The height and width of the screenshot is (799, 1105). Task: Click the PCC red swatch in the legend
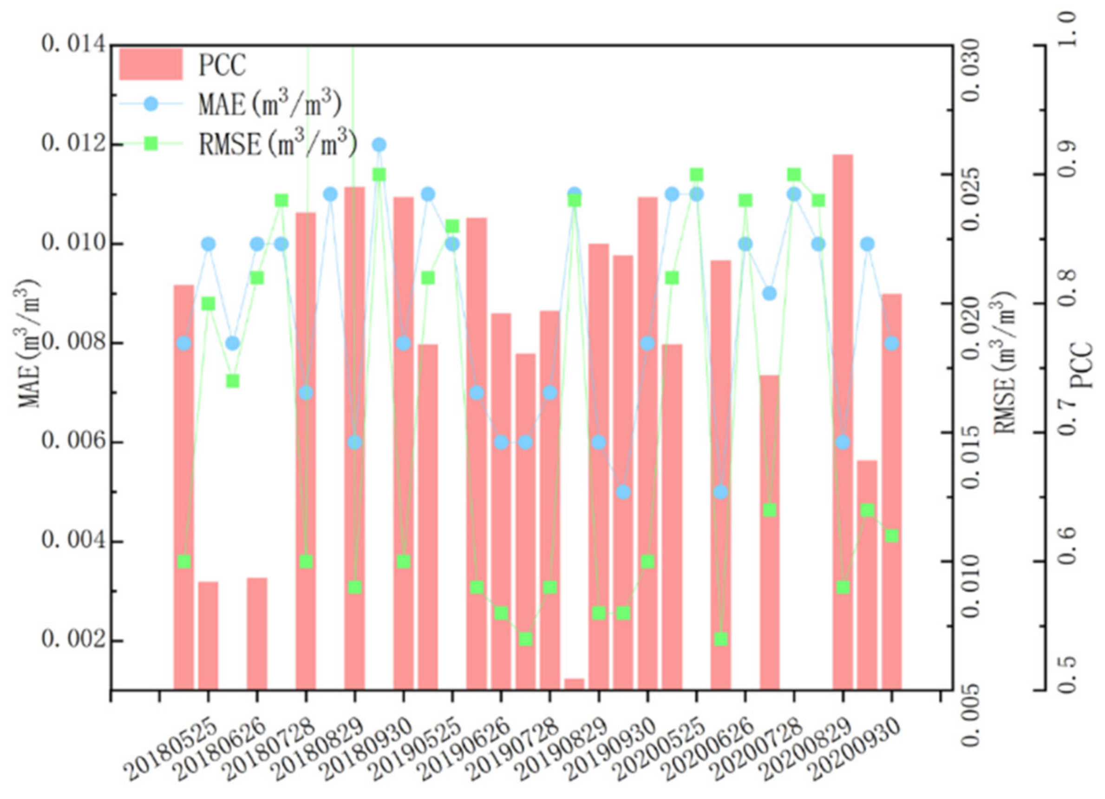click(150, 64)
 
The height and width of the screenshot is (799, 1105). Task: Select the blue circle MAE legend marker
click(151, 104)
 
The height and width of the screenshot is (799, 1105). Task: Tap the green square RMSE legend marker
click(151, 144)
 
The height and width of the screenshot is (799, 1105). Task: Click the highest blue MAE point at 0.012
click(379, 145)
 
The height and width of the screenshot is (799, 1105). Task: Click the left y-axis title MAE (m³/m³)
click(29, 343)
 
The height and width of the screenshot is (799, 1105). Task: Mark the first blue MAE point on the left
click(183, 343)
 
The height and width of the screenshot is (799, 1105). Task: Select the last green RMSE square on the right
click(892, 536)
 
